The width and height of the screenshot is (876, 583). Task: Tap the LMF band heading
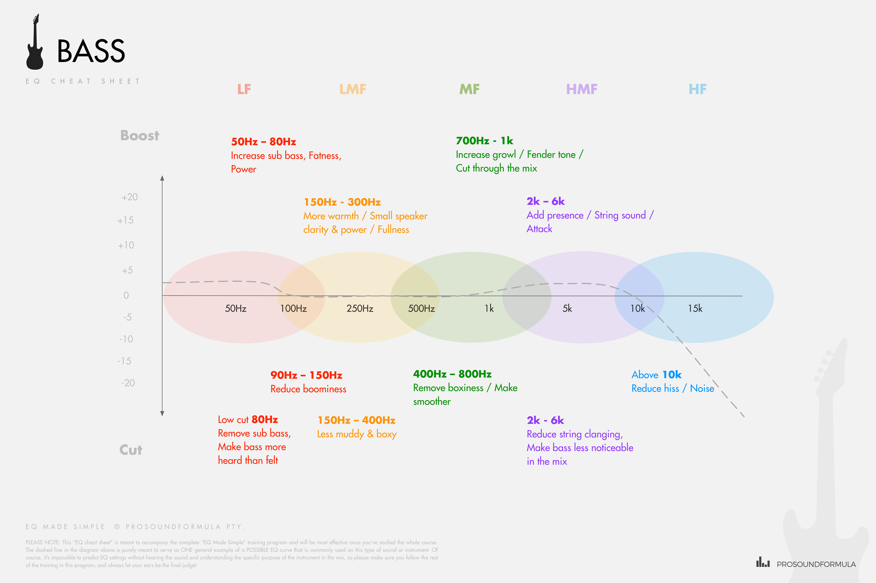353,89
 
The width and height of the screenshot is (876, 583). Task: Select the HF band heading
697,89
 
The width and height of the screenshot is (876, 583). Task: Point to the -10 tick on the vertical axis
126,339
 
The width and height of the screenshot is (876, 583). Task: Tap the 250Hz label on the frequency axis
360,308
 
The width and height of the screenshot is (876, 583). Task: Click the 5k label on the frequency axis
567,308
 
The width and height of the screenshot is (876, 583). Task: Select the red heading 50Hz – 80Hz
263,142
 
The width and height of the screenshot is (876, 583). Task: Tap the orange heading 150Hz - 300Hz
342,202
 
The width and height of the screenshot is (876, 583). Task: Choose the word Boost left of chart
140,135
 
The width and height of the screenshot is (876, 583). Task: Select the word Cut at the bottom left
131,450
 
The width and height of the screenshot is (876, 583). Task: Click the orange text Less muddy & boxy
357,434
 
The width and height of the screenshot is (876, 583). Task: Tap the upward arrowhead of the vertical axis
162,178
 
